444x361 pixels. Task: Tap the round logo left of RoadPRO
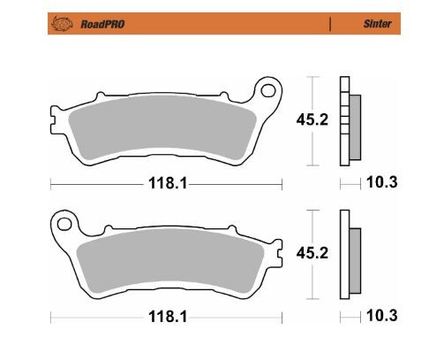pos(64,25)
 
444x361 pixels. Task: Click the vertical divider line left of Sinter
pos(329,25)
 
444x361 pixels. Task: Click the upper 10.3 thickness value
pos(380,183)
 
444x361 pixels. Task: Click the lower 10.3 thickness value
pos(380,315)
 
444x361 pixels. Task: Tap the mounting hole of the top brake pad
pos(264,90)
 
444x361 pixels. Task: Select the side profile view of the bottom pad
pos(348,257)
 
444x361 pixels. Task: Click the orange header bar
pos(221,25)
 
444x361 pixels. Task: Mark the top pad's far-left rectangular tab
pos(52,113)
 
